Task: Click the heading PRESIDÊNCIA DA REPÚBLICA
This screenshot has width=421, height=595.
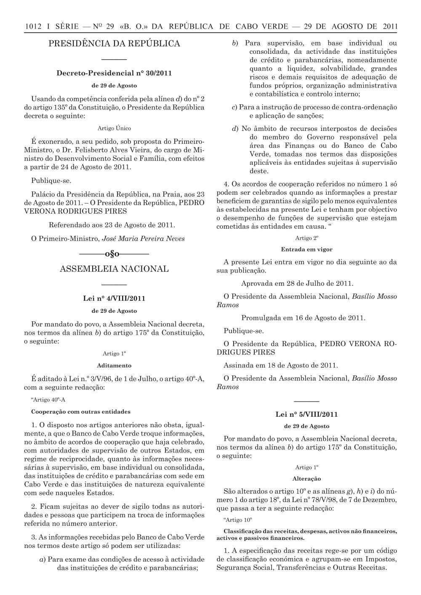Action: pyautogui.click(x=114, y=44)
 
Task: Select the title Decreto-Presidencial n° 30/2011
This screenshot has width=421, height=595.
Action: pyautogui.click(x=114, y=73)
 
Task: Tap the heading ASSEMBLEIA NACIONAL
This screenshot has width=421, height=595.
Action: pyautogui.click(x=114, y=269)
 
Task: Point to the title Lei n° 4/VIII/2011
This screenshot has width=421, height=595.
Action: pyautogui.click(x=114, y=299)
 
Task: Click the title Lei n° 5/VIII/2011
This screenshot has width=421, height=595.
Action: pyautogui.click(x=306, y=414)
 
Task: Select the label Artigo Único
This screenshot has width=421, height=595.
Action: pyautogui.click(x=114, y=128)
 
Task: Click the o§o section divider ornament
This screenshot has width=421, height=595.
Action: pyautogui.click(x=114, y=254)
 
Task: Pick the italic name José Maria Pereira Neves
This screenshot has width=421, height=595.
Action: pyautogui.click(x=144, y=238)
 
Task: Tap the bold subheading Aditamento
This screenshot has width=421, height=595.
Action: pyautogui.click(x=114, y=365)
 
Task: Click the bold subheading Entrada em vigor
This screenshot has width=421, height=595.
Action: pyautogui.click(x=306, y=249)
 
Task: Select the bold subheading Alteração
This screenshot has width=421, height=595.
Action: pyautogui.click(x=306, y=479)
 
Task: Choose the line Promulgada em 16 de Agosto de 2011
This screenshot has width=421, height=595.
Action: pyautogui.click(x=303, y=318)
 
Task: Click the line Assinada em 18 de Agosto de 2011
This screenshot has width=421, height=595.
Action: pyautogui.click(x=281, y=365)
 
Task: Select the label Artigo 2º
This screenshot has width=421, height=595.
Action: pyautogui.click(x=306, y=238)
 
